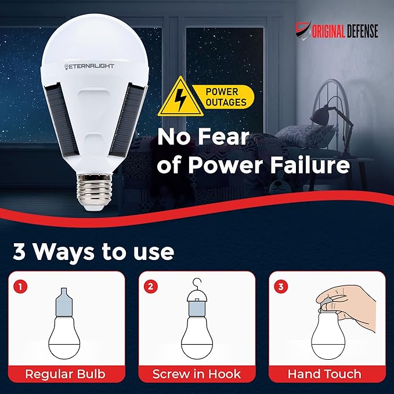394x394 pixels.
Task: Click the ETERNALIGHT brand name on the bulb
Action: [x=89, y=66]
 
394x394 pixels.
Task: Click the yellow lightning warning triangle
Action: [x=180, y=97]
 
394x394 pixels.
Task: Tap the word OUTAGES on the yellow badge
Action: [x=226, y=103]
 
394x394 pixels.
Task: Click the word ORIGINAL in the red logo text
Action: [x=328, y=31]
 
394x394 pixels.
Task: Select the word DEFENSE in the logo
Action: [x=362, y=31]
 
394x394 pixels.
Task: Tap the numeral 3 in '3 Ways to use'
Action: [x=19, y=252]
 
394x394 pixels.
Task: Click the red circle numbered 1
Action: [x=21, y=287]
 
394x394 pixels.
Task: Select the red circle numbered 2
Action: [x=151, y=286]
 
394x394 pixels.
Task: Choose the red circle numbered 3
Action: [x=281, y=287]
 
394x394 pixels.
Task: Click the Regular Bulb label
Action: [x=66, y=374]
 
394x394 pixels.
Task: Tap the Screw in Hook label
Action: [x=197, y=374]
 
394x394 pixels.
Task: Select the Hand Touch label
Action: [x=324, y=374]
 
